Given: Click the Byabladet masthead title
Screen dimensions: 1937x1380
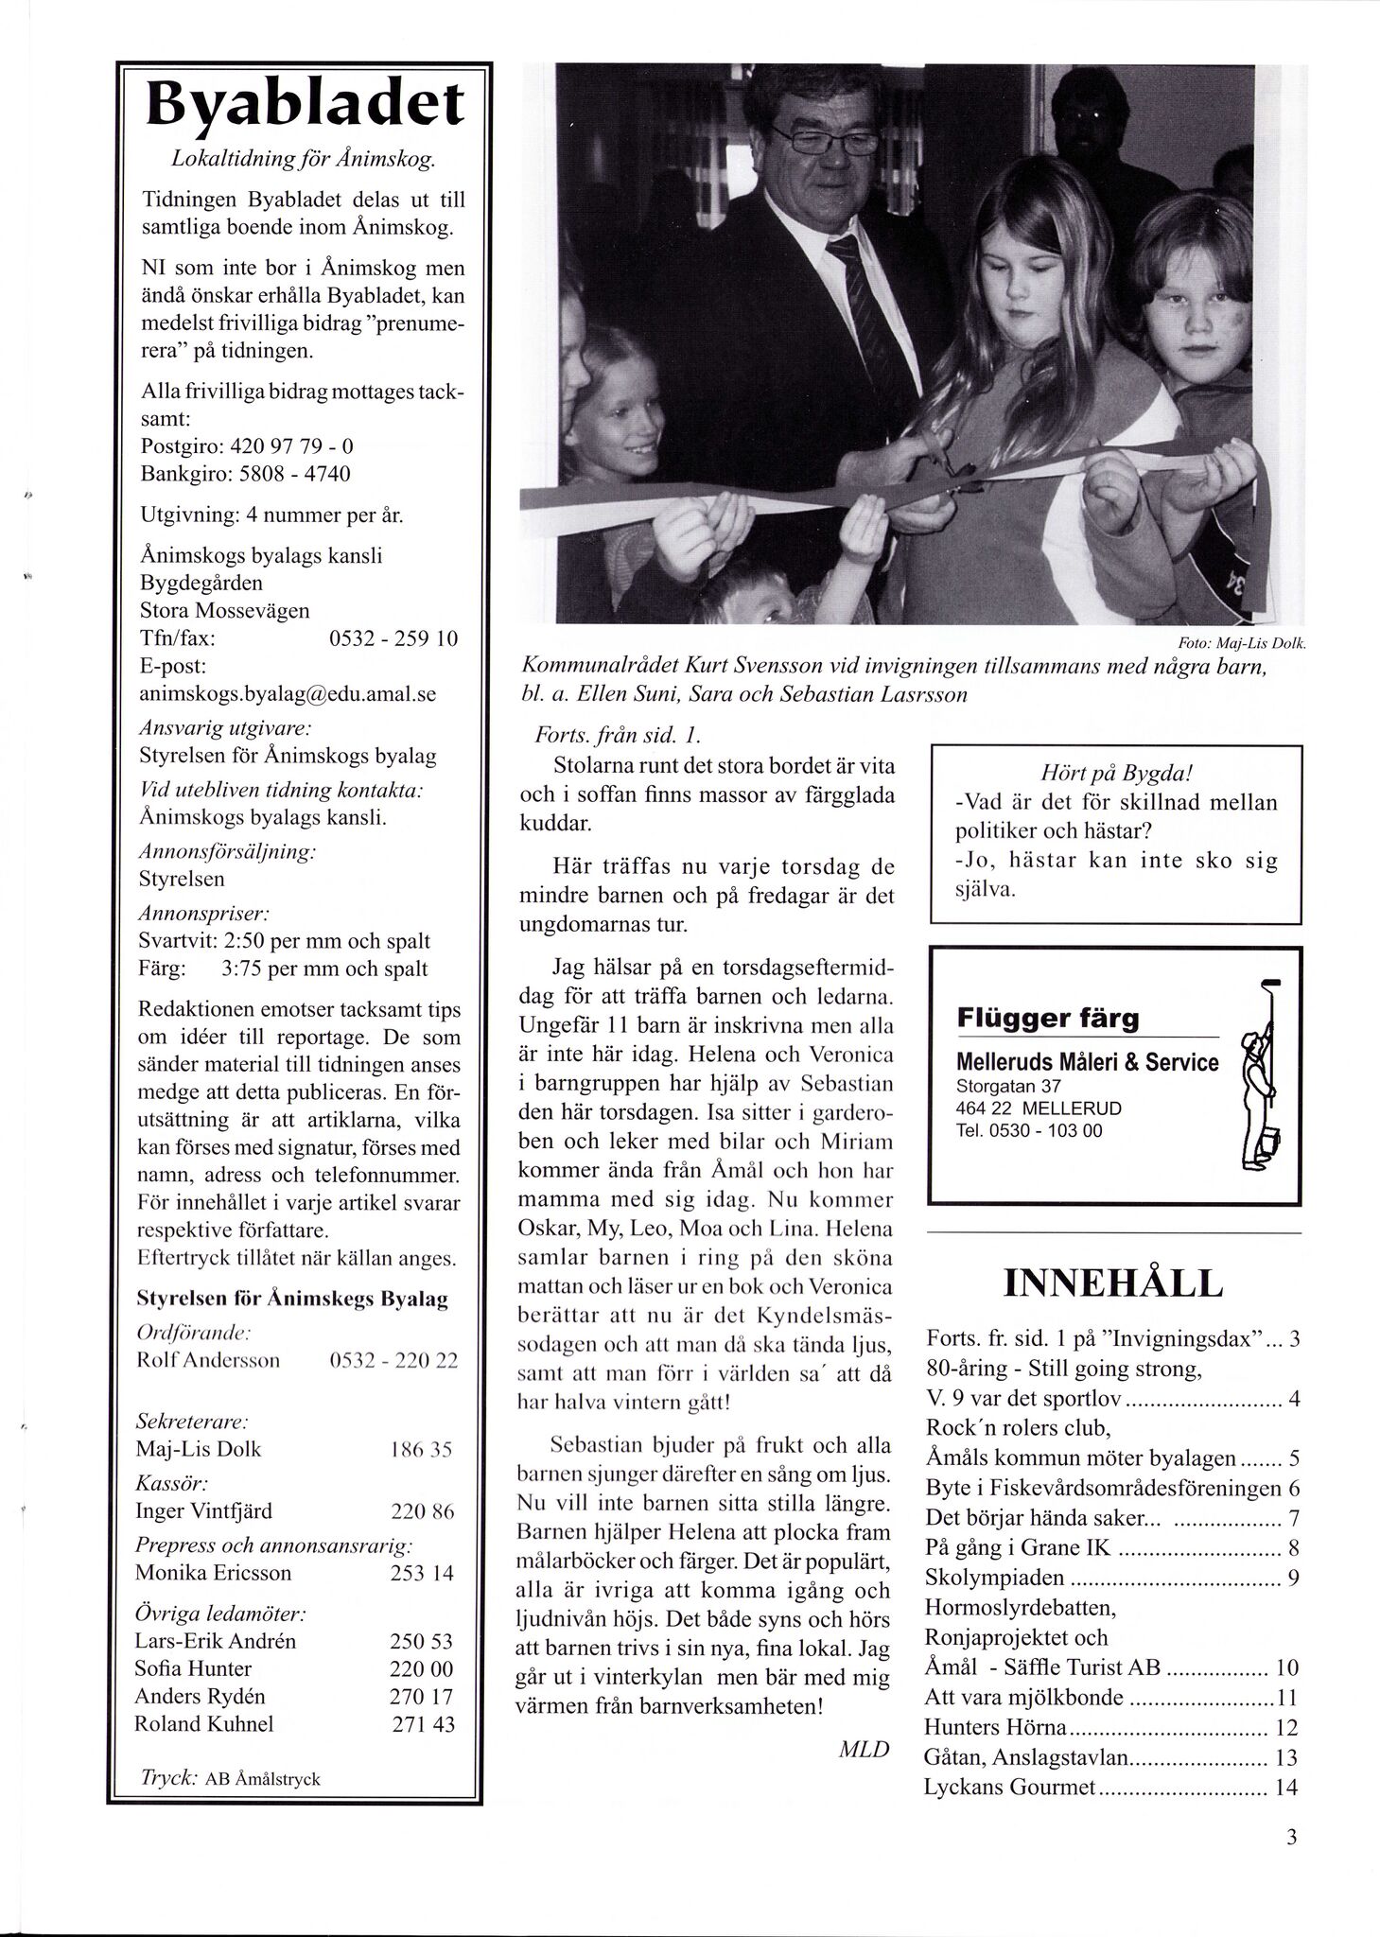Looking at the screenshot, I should (305, 106).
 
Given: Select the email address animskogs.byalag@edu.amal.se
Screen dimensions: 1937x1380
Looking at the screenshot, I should (288, 693).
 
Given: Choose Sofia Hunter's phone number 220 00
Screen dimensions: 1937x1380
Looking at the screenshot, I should (421, 1668).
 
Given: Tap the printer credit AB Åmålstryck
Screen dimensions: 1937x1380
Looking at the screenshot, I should (263, 1779).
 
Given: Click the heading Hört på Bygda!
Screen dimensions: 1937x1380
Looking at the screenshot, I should (1116, 773).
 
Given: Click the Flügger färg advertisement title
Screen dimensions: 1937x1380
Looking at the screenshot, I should (1047, 1019).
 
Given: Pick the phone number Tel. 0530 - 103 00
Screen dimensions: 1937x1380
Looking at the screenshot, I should (1029, 1130).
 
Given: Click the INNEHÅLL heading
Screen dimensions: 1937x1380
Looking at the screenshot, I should (1112, 1283).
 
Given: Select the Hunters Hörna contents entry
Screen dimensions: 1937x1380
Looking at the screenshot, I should (997, 1728).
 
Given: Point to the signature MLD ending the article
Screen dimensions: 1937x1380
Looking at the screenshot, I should (864, 1750).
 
